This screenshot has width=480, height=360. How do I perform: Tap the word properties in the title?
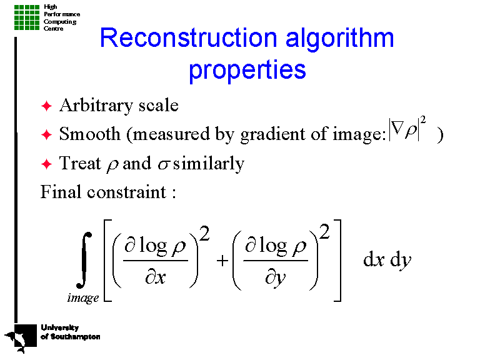click(x=247, y=69)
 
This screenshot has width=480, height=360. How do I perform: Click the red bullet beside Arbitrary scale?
click(x=46, y=106)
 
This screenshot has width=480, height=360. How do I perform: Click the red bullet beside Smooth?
click(x=46, y=134)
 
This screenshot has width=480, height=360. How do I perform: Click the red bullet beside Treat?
click(x=46, y=164)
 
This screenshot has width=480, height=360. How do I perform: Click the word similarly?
click(x=209, y=164)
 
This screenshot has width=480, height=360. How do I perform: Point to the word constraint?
click(x=127, y=192)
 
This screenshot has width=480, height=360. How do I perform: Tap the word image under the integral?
click(x=83, y=298)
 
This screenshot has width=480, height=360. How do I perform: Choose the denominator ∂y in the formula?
click(x=275, y=277)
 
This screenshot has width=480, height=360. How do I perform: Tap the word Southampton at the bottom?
click(x=75, y=337)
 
